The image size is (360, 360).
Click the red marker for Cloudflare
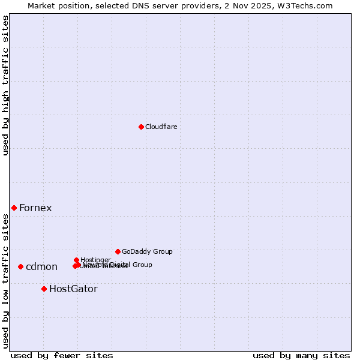(141, 127)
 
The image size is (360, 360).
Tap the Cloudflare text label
(161, 127)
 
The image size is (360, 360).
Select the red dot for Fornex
(14, 208)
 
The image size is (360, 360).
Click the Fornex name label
(35, 208)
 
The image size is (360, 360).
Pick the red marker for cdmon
(20, 266)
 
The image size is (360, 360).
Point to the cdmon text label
(41, 267)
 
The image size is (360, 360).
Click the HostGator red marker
(44, 289)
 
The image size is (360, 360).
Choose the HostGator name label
(73, 289)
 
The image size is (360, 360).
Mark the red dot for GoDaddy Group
(118, 251)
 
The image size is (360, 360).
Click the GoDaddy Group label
(147, 251)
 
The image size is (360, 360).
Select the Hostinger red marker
(76, 260)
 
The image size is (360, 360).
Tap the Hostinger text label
(95, 260)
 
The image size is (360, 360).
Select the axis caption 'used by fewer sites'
(62, 355)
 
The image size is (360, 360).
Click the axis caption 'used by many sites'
(301, 355)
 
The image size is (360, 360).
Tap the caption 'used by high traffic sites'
(6, 85)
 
